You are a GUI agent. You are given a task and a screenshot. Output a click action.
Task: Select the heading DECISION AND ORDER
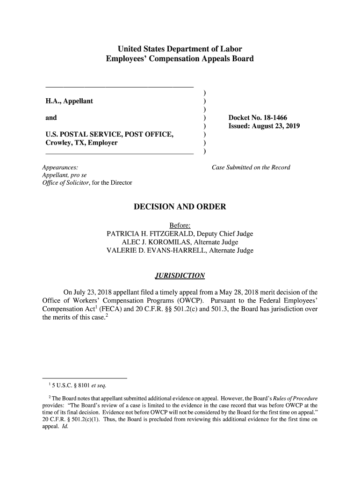[x=180, y=207]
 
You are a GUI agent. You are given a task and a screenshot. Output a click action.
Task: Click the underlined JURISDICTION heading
[x=180, y=275]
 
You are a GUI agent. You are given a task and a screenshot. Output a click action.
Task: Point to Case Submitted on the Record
[x=251, y=167]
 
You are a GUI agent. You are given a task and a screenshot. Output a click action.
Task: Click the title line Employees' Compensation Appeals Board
[x=180, y=59]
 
